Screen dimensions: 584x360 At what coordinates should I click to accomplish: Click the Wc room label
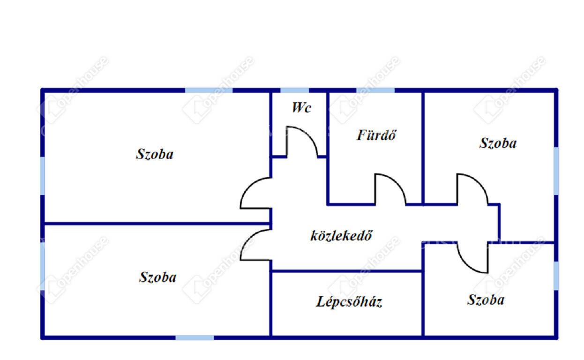(x=302, y=107)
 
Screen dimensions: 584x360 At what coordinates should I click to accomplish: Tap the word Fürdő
(x=376, y=135)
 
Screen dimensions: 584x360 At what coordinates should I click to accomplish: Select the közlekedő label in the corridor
(x=342, y=235)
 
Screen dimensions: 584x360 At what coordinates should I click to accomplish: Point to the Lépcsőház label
(x=349, y=301)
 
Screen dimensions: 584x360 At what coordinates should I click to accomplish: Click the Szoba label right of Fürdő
(x=498, y=143)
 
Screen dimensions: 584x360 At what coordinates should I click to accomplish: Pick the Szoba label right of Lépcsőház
(x=486, y=300)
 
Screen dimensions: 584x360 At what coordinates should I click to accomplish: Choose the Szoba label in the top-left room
(x=155, y=154)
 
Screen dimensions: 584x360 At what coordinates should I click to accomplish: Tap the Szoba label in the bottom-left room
(x=157, y=277)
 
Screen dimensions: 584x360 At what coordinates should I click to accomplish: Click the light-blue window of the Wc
(x=295, y=90)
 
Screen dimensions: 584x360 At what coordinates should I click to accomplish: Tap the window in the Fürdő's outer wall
(x=375, y=90)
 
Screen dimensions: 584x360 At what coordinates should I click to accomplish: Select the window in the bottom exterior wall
(x=195, y=337)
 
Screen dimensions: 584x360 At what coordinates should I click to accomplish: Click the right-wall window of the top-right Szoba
(x=556, y=171)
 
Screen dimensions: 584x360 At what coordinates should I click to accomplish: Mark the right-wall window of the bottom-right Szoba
(x=556, y=276)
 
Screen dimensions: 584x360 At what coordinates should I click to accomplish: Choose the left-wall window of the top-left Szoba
(x=43, y=176)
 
